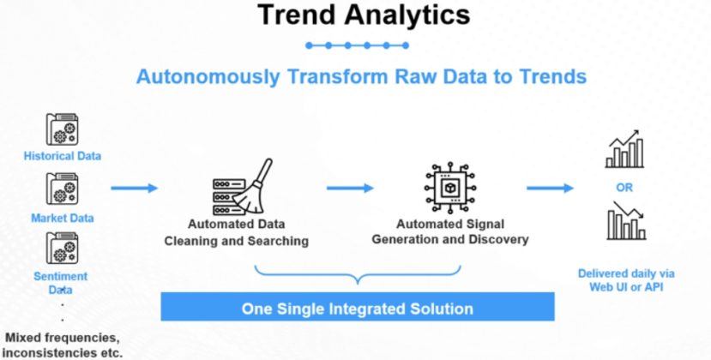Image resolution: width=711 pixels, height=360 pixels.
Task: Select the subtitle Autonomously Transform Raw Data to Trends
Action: point(361,76)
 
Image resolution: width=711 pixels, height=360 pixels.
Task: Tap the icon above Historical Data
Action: point(62,129)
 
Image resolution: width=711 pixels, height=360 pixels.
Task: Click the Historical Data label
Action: point(62,156)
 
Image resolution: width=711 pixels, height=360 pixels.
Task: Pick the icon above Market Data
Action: point(62,189)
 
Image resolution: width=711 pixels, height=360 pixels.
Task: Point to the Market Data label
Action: point(62,218)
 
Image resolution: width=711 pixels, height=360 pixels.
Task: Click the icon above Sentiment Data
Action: point(62,248)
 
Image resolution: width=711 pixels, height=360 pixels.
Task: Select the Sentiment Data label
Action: point(61,282)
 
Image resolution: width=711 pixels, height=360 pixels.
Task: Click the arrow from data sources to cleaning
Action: point(135,188)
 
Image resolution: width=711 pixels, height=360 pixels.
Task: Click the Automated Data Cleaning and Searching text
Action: point(237,232)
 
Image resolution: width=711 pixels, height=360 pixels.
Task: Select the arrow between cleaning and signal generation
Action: point(350,188)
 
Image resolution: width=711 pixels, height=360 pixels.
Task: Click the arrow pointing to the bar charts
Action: point(550,188)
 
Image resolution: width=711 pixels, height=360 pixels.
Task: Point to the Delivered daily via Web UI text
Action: point(626,279)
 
